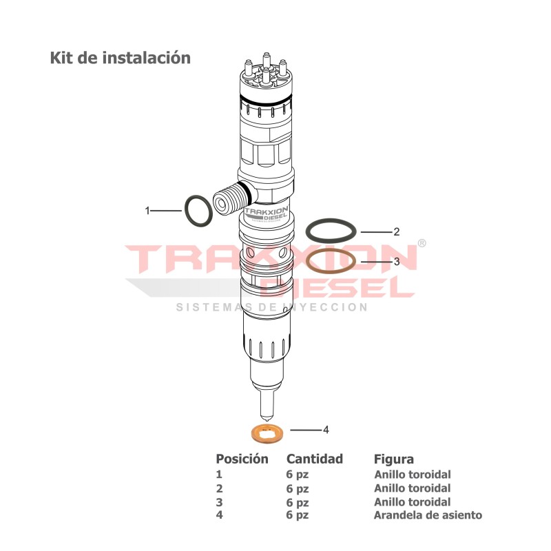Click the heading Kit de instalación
point(120,58)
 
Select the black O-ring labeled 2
point(331,230)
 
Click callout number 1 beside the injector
point(147,211)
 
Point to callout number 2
point(396,232)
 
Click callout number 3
point(396,262)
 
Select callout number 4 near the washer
point(326,429)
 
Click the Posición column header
point(242,459)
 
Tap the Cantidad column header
point(314,459)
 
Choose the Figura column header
point(393,459)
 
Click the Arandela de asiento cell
point(428,515)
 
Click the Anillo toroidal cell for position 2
point(412,488)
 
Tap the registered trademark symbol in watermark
point(422,244)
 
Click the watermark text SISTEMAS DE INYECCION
point(271,307)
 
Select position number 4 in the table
point(219,515)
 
